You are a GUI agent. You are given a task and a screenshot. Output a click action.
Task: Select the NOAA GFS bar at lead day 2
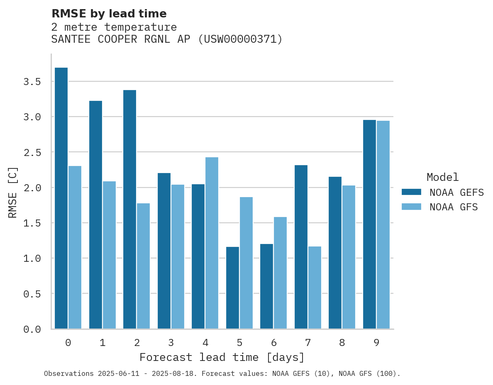tap(143, 266)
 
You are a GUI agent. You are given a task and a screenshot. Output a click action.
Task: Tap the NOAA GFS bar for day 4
tap(212, 243)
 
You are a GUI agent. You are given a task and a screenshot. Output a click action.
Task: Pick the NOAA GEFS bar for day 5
tap(232, 288)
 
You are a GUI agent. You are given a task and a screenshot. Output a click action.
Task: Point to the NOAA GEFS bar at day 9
tap(369, 224)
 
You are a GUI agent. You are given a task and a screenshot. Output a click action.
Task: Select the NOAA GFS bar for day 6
tap(280, 273)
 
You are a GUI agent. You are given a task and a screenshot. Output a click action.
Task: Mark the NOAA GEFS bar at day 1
tap(95, 214)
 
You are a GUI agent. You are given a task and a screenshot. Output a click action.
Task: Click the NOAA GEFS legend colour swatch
tap(411, 192)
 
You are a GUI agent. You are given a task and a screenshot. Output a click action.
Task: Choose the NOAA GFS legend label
tap(454, 207)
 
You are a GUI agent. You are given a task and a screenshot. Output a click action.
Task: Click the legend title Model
tap(442, 177)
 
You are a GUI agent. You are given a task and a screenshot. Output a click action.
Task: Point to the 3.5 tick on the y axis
tap(32, 82)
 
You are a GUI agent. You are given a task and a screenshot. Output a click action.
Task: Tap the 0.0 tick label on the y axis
tap(32, 329)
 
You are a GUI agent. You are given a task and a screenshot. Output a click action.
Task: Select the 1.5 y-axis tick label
tap(32, 223)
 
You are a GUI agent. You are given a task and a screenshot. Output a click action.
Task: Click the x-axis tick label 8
tap(342, 343)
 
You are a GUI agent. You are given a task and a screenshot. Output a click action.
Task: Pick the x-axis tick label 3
tap(171, 343)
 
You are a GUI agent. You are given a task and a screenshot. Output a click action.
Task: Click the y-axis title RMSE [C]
tap(13, 192)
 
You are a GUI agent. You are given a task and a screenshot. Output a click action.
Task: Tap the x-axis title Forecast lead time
tap(222, 357)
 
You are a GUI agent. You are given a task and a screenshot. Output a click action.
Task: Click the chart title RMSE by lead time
tap(109, 14)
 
